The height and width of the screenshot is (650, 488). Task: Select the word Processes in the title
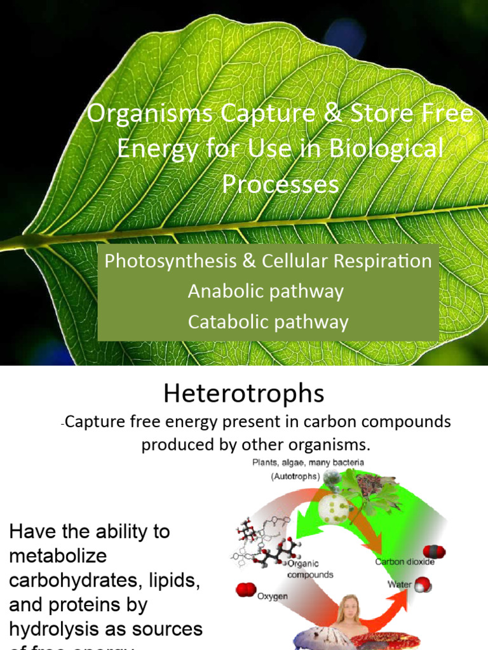point(280,184)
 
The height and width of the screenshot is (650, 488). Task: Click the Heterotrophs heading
point(243,394)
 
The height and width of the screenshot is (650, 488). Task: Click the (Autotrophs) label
point(286,477)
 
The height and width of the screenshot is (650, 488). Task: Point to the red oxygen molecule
point(245,590)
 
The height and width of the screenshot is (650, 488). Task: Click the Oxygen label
point(273,596)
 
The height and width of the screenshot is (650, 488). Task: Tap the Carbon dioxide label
point(405,562)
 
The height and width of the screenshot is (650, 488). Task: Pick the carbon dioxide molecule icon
point(435,551)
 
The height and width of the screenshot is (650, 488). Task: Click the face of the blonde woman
point(349,609)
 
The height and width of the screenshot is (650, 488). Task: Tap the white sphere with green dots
point(334,508)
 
